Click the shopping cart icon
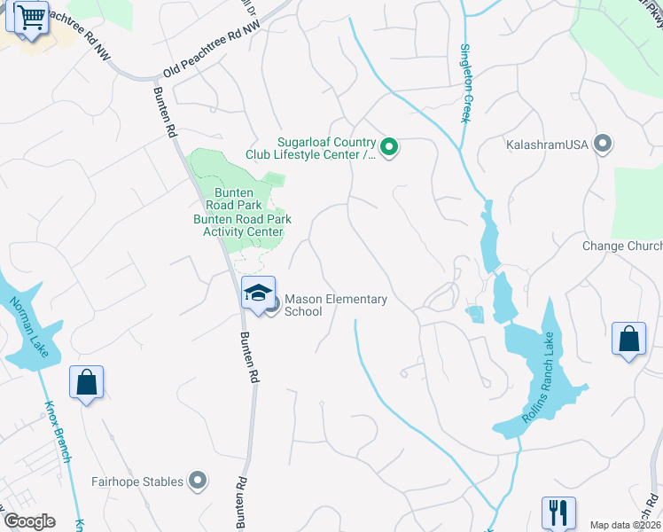click(x=31, y=17)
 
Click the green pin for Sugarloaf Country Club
click(x=388, y=146)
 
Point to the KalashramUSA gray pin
click(x=604, y=143)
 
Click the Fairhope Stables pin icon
click(x=198, y=481)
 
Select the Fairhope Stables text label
click(x=137, y=481)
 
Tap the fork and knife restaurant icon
click(x=558, y=512)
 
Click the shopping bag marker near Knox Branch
click(x=87, y=382)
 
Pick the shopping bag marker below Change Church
click(x=628, y=339)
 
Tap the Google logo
click(x=29, y=521)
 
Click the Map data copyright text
click(x=625, y=524)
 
